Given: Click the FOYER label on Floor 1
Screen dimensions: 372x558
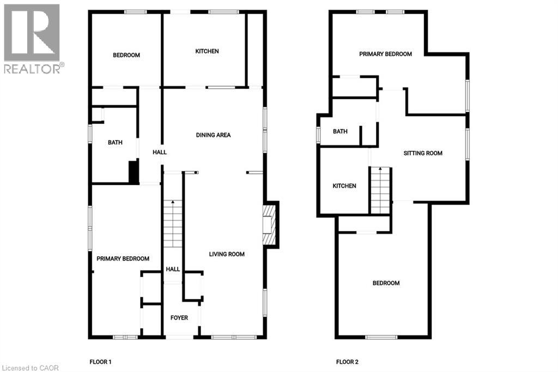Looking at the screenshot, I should tap(179, 317).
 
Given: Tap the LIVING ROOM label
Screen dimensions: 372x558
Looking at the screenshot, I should tap(227, 254).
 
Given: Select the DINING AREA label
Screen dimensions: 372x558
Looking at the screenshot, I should tap(214, 135).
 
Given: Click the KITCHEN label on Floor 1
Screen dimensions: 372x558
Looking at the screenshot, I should tap(207, 51).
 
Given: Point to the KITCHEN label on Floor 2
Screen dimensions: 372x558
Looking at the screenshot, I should tap(344, 186).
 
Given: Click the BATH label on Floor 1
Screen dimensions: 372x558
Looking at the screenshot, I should tap(115, 142).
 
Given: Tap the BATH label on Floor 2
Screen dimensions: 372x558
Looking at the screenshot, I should tap(340, 131).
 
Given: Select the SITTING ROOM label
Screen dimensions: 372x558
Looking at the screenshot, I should tap(423, 153).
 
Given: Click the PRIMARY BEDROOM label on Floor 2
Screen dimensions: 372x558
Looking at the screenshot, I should tap(385, 54).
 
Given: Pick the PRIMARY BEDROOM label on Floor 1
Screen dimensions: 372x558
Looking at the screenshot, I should tap(123, 259).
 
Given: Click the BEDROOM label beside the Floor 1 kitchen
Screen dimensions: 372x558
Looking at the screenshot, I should tap(126, 55).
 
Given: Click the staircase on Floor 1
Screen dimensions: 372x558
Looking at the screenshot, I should tap(173, 224).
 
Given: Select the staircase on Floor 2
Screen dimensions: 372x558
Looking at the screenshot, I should tap(380, 190).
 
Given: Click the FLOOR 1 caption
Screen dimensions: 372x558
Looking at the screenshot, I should tap(100, 362).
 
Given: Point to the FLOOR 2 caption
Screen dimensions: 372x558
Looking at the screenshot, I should tap(347, 362).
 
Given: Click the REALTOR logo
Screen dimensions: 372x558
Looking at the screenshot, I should tap(32, 38).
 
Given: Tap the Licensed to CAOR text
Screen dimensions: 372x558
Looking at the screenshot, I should tap(26, 368).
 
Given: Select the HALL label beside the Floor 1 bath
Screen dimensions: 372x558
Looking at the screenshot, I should tap(160, 153).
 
